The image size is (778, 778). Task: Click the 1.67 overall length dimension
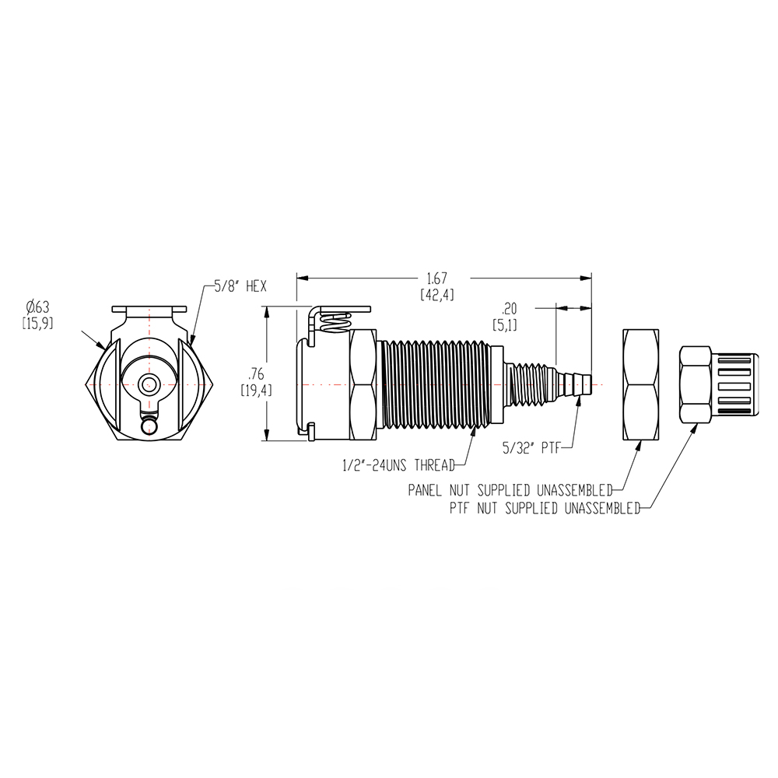(x=436, y=278)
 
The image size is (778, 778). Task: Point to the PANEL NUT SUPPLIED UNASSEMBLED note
(x=510, y=490)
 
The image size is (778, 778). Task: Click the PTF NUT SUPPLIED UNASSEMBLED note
(x=545, y=508)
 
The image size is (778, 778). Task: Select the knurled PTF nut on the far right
(x=719, y=384)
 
